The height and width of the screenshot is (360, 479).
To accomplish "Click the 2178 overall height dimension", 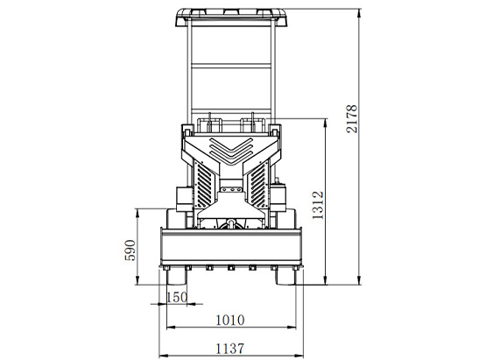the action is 352,118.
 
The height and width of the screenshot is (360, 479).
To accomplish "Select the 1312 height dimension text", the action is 318,205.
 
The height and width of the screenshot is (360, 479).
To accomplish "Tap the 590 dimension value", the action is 130,250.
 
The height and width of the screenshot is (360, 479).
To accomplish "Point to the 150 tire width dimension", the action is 177,297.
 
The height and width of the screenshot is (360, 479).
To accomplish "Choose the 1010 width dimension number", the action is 230,321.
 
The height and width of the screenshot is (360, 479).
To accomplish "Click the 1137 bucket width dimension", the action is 230,349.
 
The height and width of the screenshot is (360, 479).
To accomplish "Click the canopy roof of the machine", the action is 231,18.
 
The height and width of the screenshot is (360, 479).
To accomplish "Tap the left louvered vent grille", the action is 204,185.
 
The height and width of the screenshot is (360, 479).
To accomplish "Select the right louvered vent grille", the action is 258,185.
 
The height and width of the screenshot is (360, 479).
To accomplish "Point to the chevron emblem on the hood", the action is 231,151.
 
